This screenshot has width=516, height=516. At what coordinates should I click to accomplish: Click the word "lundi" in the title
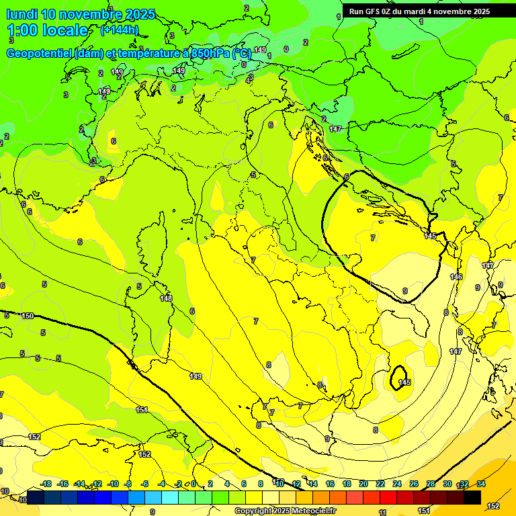tap(22, 14)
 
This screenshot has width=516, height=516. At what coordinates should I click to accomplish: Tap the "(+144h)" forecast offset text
tap(119, 30)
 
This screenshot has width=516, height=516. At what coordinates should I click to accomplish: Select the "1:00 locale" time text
tap(47, 30)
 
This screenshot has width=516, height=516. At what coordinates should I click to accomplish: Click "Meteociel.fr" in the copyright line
tap(314, 511)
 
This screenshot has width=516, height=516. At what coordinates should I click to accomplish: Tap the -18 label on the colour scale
tap(46, 484)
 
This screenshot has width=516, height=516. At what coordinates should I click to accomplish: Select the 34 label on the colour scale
tap(481, 484)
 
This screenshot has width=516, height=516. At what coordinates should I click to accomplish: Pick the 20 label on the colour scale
tap(363, 484)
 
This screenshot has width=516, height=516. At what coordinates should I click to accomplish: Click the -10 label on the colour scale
tap(113, 484)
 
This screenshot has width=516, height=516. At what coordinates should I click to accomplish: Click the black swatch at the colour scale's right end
tap(472, 498)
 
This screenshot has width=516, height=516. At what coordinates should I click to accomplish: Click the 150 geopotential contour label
tap(28, 316)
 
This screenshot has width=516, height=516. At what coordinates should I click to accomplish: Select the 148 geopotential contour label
tap(166, 298)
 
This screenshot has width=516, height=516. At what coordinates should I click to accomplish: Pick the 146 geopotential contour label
tap(456, 277)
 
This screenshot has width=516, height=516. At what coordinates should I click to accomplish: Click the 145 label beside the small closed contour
tap(404, 382)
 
